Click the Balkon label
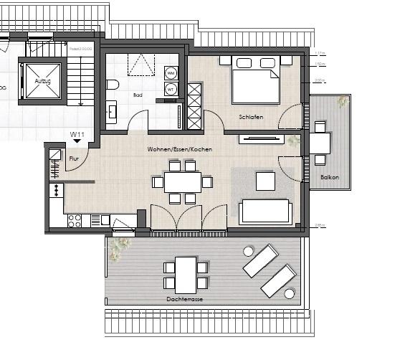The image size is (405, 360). (330, 176)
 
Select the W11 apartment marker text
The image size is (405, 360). (77, 134)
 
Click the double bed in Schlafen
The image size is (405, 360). (255, 81)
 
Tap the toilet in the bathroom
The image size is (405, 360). (113, 85)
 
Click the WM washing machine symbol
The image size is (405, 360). (171, 72)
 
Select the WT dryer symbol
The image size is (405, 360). (171, 89)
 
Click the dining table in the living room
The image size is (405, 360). (183, 182)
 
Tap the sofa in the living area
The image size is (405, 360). (265, 211)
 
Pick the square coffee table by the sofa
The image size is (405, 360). (265, 181)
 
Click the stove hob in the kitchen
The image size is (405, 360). (75, 221)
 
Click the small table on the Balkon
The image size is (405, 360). (320, 143)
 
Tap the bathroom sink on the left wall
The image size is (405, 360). (113, 111)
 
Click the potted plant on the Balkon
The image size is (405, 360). (342, 103)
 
